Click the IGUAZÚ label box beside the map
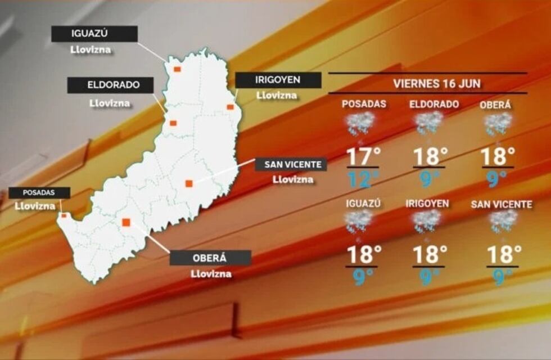tap(94, 34)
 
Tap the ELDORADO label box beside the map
tap(110, 85)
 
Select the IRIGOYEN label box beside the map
tap(278, 80)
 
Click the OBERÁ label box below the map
tap(210, 258)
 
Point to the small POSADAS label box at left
tap(39, 192)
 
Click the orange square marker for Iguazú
tap(177, 69)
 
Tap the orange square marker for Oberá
tap(126, 222)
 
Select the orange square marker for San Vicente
tap(189, 183)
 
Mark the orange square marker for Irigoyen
tap(230, 106)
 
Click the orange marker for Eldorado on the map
tap(173, 123)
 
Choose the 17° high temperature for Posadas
tap(363, 156)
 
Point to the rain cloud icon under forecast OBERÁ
tap(498, 123)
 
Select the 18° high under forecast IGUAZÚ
tap(363, 255)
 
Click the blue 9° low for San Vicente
tap(498, 277)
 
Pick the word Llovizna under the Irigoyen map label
tap(277, 95)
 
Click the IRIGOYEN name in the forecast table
tap(427, 204)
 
